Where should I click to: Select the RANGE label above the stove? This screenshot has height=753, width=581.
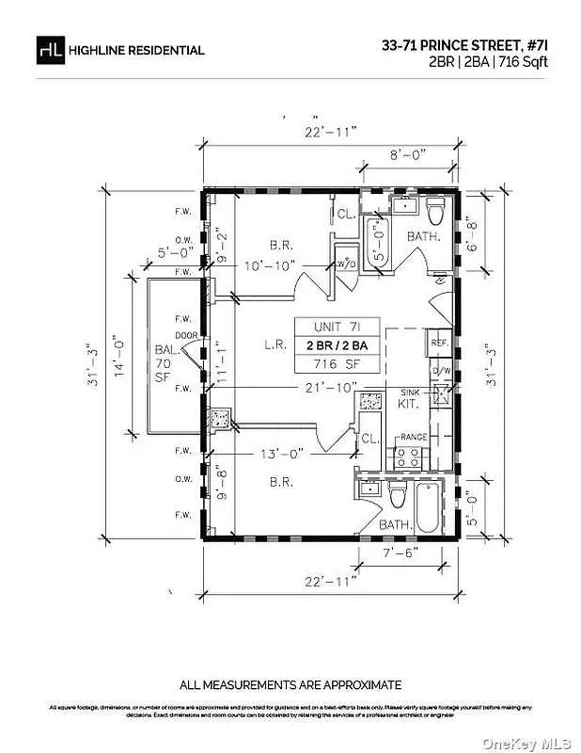click(415, 437)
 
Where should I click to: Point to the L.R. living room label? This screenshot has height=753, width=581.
click(275, 345)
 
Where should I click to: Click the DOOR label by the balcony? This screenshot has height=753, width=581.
click(184, 336)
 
